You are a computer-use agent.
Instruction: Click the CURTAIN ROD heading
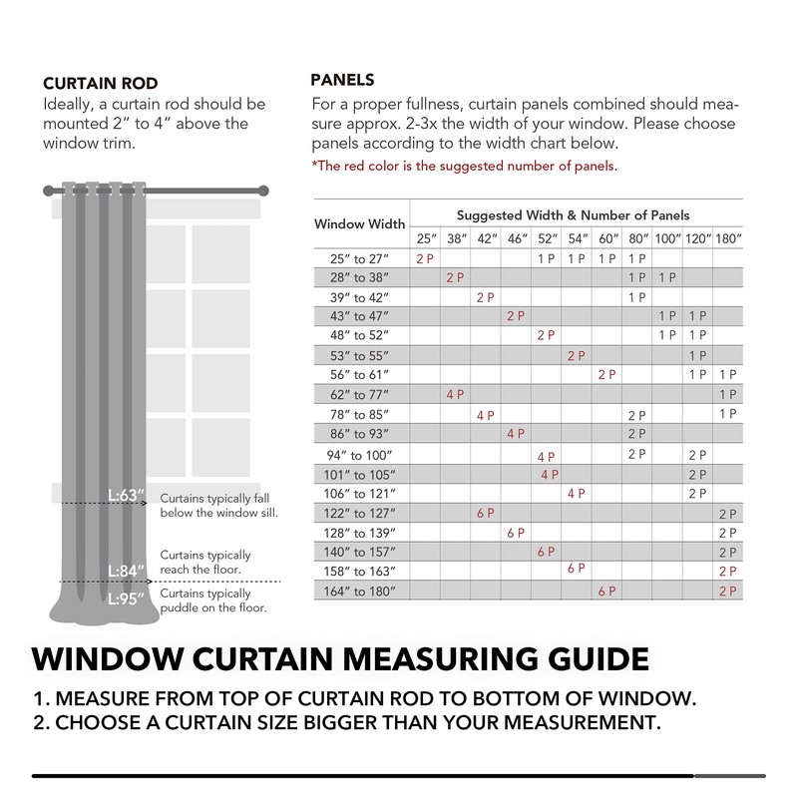[101, 83]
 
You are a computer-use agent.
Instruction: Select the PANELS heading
[342, 80]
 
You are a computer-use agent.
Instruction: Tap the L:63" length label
[128, 496]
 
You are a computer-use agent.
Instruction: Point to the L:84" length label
[128, 571]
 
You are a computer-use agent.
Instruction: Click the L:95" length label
[128, 599]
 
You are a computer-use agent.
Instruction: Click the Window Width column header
[360, 224]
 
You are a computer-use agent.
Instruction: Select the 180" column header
[728, 239]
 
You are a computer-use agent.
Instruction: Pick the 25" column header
[426, 239]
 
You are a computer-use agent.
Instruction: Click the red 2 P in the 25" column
[426, 258]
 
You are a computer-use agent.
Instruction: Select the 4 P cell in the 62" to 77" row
[456, 394]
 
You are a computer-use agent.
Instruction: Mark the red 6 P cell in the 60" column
[606, 592]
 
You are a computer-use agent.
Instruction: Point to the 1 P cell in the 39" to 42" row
[636, 297]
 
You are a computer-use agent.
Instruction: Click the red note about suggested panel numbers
[464, 166]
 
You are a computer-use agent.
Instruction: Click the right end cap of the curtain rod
[265, 189]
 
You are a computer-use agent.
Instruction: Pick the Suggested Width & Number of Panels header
[573, 214]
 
